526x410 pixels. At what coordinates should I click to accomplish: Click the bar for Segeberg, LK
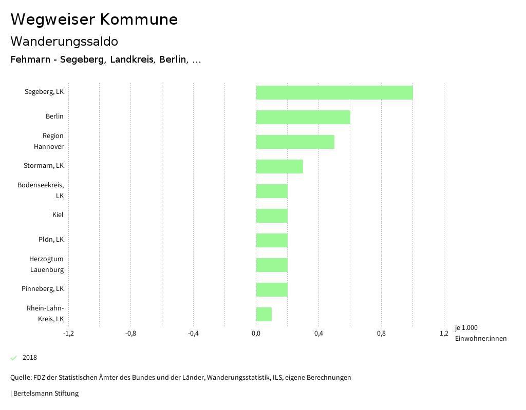tap(334, 93)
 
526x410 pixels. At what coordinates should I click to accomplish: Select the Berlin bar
tap(303, 118)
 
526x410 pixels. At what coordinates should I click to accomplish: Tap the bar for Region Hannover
tap(295, 142)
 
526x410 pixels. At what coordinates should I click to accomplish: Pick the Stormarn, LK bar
tap(279, 167)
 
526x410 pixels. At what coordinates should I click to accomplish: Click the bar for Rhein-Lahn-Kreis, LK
tap(264, 315)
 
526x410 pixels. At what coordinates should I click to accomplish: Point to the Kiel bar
tap(272, 216)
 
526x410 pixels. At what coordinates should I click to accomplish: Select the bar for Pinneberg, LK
tap(272, 290)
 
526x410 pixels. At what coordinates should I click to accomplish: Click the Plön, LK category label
tap(51, 240)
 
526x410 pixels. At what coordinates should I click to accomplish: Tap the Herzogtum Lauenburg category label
tap(47, 264)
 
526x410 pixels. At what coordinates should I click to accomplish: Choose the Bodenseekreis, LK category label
tap(41, 190)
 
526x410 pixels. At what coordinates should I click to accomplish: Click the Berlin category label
tap(54, 116)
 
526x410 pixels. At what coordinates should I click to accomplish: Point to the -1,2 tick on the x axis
tap(68, 334)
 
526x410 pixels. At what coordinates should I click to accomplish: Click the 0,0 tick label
tap(256, 334)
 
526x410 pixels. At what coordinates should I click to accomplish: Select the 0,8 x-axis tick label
tap(381, 334)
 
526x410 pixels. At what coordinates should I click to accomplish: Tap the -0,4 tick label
tap(193, 334)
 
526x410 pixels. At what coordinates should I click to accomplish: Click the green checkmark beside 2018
tap(14, 358)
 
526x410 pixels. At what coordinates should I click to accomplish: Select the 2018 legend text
tap(30, 358)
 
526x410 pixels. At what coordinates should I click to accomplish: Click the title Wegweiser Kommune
tap(94, 19)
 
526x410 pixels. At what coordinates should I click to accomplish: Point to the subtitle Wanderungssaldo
tap(64, 41)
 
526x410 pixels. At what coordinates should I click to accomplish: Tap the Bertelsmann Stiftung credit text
tap(45, 394)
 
